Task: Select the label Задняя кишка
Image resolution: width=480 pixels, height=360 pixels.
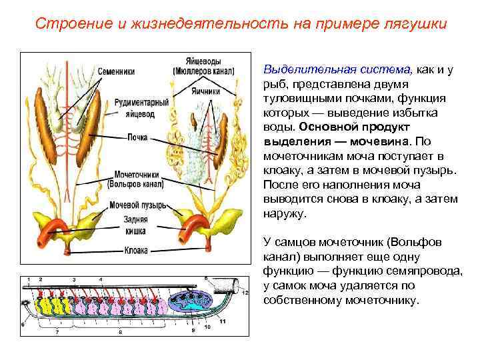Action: point(137,225)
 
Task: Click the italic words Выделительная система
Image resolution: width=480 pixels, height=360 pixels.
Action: point(338,70)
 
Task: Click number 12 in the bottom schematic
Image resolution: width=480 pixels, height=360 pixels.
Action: point(246,293)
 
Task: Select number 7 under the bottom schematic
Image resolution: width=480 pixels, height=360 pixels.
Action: point(57,331)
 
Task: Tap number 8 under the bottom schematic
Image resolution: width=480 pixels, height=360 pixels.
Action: point(121,331)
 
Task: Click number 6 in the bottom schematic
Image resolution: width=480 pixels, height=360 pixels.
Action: point(23,325)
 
